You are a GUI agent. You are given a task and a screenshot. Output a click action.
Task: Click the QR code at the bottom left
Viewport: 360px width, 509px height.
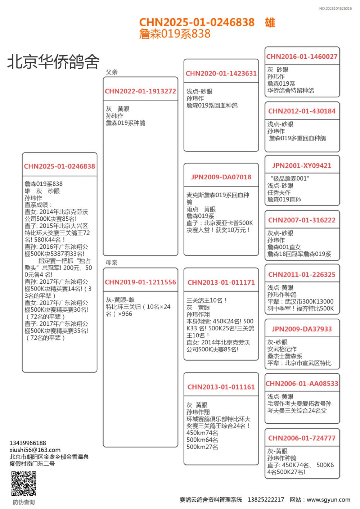pyautogui.click(x=24, y=483)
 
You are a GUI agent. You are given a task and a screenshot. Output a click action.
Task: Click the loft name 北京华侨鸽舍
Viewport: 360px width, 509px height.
pyautogui.click(x=53, y=62)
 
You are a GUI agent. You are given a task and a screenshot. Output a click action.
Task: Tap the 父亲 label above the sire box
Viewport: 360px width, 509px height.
pyautogui.click(x=112, y=72)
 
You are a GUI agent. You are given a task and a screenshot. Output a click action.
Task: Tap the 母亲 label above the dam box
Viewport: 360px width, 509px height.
pyautogui.click(x=112, y=262)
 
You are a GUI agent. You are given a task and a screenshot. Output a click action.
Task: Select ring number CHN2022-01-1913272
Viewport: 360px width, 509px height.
pyautogui.click(x=140, y=91)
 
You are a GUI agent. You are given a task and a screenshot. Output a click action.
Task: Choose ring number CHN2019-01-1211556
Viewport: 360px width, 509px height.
pyautogui.click(x=140, y=282)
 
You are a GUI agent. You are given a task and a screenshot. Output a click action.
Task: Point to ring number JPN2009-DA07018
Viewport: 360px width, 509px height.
pyautogui.click(x=221, y=177)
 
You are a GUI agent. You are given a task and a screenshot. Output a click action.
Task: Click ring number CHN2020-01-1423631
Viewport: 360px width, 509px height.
pyautogui.click(x=221, y=73)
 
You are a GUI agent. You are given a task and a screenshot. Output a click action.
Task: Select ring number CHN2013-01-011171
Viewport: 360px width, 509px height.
pyautogui.click(x=221, y=283)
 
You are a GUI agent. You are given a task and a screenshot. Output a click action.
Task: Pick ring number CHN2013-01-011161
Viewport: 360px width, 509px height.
pyautogui.click(x=221, y=387)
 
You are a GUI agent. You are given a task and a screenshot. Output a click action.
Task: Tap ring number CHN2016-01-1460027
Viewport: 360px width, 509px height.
pyautogui.click(x=302, y=57)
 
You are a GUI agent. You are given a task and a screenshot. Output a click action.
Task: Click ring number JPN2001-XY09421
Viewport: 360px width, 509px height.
pyautogui.click(x=302, y=166)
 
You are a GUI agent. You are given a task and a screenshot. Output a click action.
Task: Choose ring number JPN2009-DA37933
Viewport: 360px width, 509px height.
pyautogui.click(x=302, y=329)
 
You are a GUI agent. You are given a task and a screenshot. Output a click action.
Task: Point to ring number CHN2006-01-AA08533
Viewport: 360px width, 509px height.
pyautogui.click(x=302, y=384)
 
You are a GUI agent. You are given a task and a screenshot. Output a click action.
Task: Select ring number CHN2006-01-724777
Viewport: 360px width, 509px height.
pyautogui.click(x=302, y=438)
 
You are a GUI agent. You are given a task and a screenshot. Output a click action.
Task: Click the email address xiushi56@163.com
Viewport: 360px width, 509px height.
pyautogui.click(x=35, y=450)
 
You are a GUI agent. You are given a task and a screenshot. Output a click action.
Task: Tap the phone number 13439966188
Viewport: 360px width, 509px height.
pyautogui.click(x=28, y=443)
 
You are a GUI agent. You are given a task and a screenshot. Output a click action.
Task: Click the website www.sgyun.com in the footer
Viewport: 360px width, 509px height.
pyautogui.click(x=328, y=500)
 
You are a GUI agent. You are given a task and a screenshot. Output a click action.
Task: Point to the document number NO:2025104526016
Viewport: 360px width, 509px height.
pyautogui.click(x=335, y=9)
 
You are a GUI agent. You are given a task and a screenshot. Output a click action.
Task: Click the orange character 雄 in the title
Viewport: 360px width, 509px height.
pyautogui.click(x=270, y=22)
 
